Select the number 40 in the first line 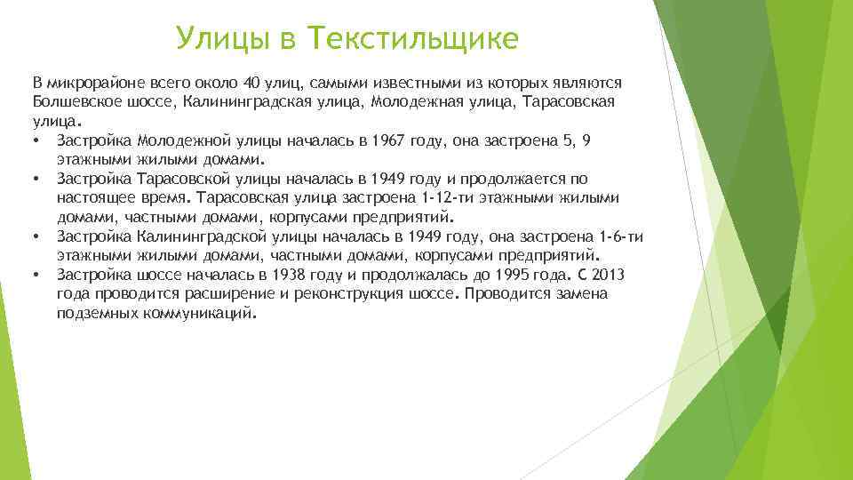pyautogui.click(x=251, y=83)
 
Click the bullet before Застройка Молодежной pyautogui.click(x=35, y=141)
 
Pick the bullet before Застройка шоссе pyautogui.click(x=35, y=276)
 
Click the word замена pyautogui.click(x=584, y=294)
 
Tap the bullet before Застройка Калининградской pyautogui.click(x=35, y=237)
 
